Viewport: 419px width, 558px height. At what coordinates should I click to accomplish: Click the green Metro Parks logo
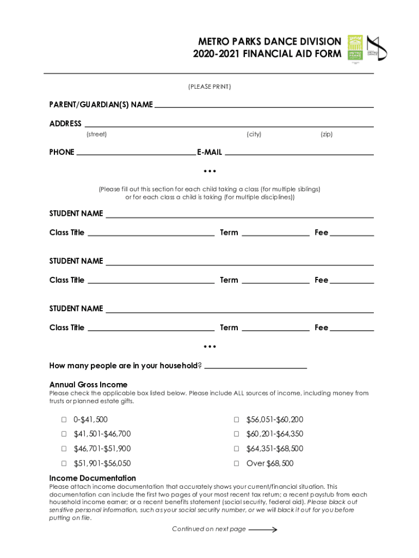(355, 48)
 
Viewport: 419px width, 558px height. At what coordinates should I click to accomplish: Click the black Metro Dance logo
(377, 48)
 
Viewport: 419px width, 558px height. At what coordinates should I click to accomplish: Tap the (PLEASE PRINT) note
(209, 87)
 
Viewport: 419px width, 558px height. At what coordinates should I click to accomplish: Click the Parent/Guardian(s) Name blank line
(264, 106)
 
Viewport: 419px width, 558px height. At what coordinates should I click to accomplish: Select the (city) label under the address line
(254, 134)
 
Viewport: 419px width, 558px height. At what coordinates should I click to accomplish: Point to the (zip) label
(326, 134)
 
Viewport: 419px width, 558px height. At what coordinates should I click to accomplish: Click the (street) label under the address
(97, 134)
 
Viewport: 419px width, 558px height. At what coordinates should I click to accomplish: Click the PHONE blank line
(136, 154)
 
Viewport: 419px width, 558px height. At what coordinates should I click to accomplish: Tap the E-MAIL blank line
(299, 154)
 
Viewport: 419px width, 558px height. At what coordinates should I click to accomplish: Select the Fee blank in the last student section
(352, 329)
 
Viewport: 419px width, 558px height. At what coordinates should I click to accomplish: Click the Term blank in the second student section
(275, 282)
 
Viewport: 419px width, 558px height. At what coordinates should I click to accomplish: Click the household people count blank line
(255, 367)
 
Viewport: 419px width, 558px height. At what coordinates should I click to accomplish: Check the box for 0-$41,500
(64, 420)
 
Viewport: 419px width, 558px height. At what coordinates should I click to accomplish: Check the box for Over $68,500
(237, 464)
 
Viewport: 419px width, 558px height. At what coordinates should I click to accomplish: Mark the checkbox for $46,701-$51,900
(64, 449)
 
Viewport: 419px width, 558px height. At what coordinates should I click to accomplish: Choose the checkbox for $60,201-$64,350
(237, 434)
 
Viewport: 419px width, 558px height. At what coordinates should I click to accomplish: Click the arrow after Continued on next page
(263, 529)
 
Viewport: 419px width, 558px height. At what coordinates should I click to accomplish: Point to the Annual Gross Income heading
(88, 385)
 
